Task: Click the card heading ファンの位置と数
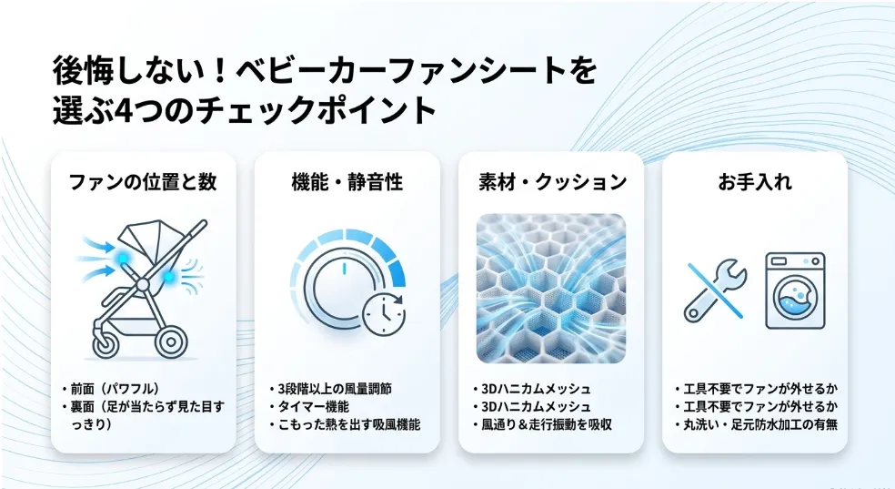click(x=143, y=181)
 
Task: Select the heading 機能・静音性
click(x=347, y=181)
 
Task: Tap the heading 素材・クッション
click(x=552, y=181)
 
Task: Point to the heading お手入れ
click(x=755, y=181)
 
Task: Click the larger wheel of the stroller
click(x=171, y=342)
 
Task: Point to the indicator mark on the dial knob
click(x=344, y=268)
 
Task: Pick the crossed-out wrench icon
click(x=715, y=290)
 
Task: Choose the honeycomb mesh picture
click(x=551, y=289)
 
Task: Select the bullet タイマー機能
click(x=313, y=407)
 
